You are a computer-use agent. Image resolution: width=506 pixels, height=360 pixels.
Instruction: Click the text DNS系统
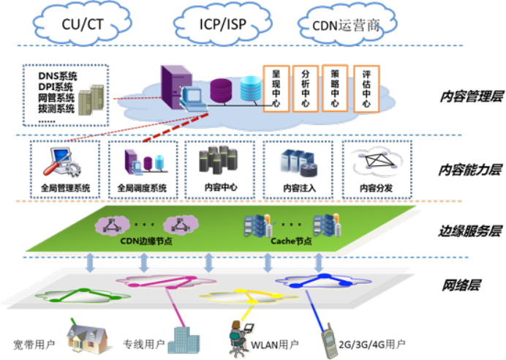tap(58, 75)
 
